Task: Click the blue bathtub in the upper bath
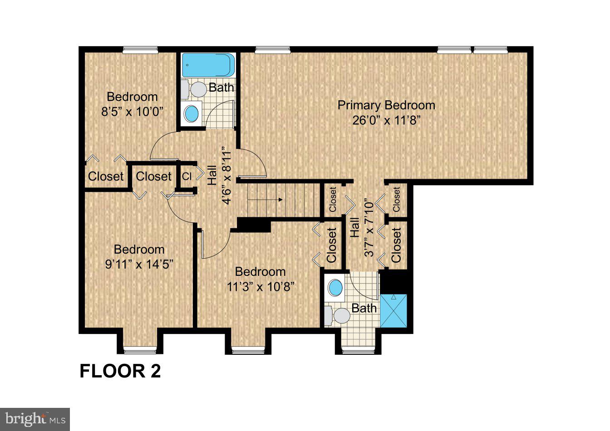[208, 65]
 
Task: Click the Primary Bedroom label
[386, 105]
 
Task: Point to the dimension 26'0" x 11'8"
[386, 121]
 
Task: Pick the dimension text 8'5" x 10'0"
[132, 112]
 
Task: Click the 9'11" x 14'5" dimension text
[139, 264]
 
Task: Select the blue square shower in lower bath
[393, 311]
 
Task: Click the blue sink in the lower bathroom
[335, 288]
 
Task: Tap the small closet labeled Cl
[187, 176]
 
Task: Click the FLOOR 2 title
[120, 371]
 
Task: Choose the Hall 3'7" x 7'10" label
[362, 229]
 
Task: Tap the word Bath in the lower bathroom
[364, 309]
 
